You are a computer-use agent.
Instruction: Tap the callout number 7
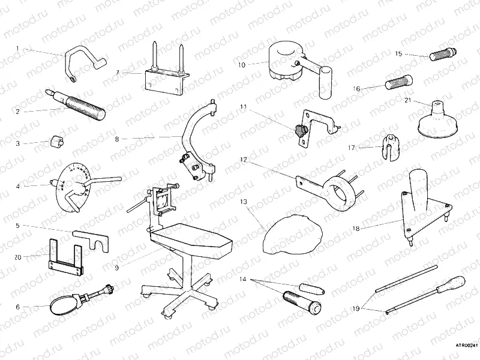118,72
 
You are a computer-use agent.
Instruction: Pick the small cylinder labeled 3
58,142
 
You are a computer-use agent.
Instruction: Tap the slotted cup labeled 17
391,147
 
